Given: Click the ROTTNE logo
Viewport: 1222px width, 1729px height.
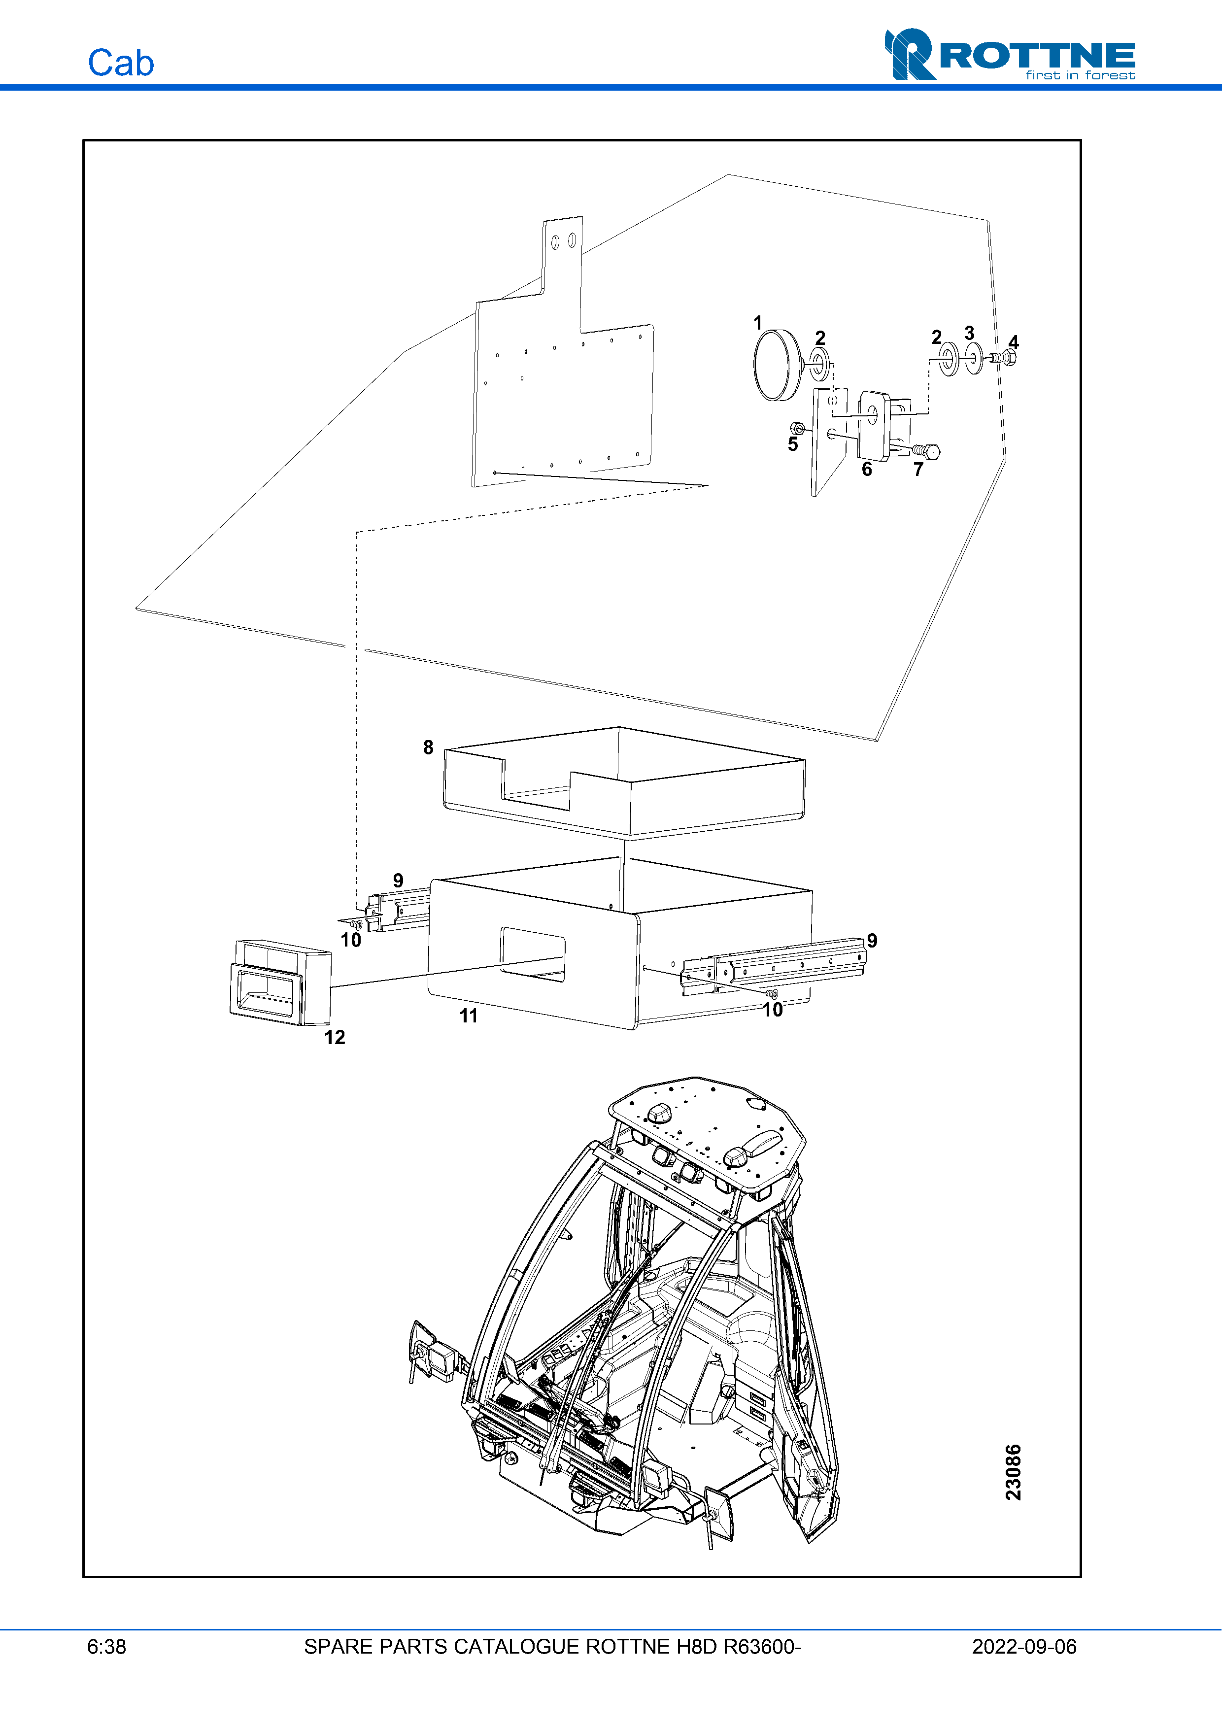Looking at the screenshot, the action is pyautogui.click(x=1010, y=54).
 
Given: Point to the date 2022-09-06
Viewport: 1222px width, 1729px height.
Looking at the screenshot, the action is pyautogui.click(x=1024, y=1647).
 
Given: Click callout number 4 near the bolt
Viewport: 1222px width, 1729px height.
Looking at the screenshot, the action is pyautogui.click(x=1014, y=342).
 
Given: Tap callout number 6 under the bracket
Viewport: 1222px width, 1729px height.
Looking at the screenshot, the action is pyautogui.click(x=867, y=469).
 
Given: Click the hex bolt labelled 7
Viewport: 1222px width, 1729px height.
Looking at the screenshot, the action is pyautogui.click(x=926, y=451).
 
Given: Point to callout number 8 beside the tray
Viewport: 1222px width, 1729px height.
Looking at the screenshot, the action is pyautogui.click(x=428, y=747).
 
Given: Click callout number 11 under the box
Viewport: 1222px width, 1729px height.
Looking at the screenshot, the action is pyautogui.click(x=468, y=1016).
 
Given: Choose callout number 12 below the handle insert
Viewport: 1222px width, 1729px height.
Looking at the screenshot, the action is pyautogui.click(x=334, y=1037).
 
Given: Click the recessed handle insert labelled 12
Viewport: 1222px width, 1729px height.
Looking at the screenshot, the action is pyautogui.click(x=279, y=982).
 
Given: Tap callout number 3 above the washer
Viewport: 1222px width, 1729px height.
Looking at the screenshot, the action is pyautogui.click(x=969, y=333).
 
